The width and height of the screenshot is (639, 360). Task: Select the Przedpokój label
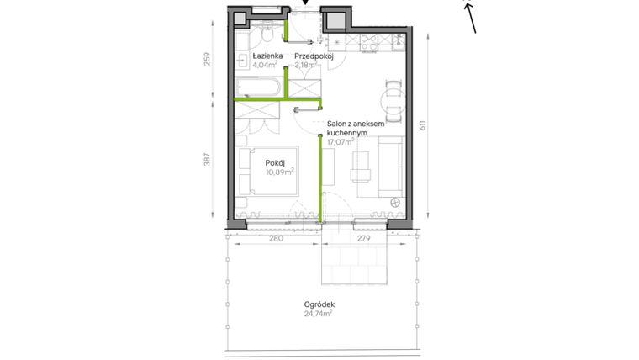(314, 56)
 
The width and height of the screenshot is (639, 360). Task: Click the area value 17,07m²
(341, 142)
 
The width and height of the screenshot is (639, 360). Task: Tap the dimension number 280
(275, 239)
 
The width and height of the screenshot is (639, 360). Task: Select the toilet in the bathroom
(267, 34)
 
